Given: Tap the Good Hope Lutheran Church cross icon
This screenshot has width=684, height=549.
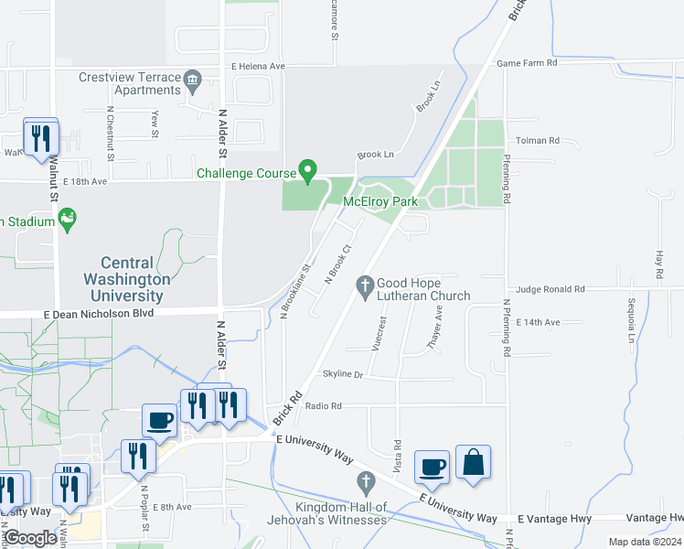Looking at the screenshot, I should click(x=366, y=287).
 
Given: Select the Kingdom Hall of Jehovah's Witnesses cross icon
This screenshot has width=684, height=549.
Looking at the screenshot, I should click(x=366, y=481).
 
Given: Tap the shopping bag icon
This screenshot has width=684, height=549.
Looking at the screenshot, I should click(x=474, y=462).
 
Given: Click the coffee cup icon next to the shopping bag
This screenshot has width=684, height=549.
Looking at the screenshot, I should click(x=432, y=467).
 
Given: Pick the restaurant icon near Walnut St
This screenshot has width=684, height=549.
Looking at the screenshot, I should click(x=41, y=138).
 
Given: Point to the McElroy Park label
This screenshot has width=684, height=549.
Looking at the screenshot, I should click(x=379, y=201).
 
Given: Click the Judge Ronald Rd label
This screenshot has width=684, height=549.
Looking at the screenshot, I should click(x=550, y=289).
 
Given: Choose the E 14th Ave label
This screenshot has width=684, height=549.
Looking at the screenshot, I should click(x=538, y=323).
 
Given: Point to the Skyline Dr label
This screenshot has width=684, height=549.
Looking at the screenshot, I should click(x=343, y=375).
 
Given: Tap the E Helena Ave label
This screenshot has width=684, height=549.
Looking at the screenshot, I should click(x=258, y=67).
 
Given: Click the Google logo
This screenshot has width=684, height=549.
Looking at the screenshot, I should click(x=31, y=538).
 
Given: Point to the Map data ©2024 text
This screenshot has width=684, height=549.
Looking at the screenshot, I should click(x=645, y=542).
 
